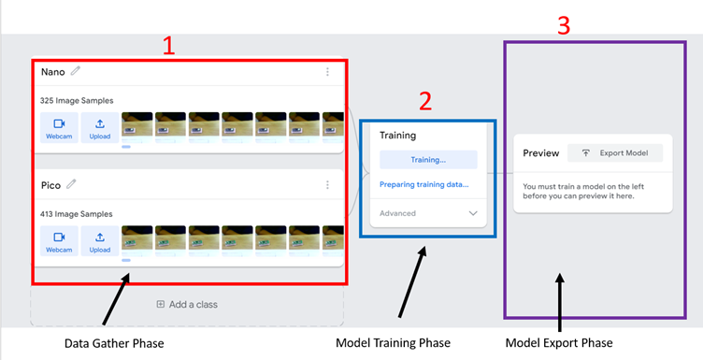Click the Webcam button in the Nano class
tap(59, 129)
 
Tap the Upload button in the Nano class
tap(100, 129)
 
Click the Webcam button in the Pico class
tap(59, 242)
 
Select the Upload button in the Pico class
tap(100, 242)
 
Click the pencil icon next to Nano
tap(76, 71)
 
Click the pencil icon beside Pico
tap(71, 185)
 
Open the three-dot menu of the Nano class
tap(327, 72)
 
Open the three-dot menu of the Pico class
tap(327, 185)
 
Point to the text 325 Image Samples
tap(77, 100)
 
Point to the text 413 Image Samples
tap(77, 214)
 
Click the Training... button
tap(428, 160)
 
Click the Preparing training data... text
tap(423, 184)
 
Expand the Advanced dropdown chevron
tap(471, 213)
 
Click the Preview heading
tap(540, 153)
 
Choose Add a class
tap(187, 304)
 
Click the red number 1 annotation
tap(169, 46)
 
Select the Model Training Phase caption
tap(393, 343)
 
